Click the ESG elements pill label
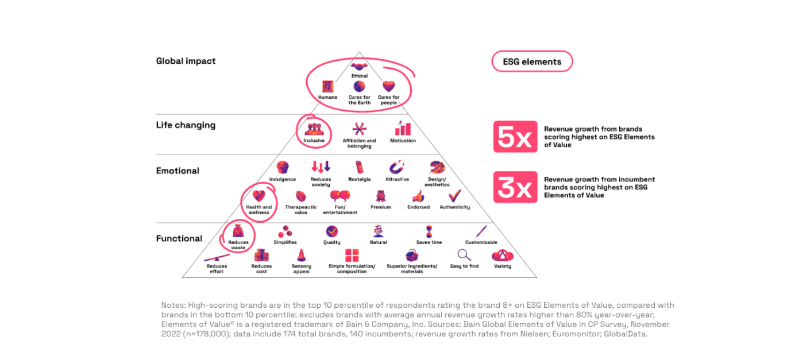click(x=532, y=61)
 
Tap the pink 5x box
click(x=515, y=137)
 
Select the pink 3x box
click(x=515, y=187)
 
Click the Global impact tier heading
click(x=186, y=61)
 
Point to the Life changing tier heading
click(x=186, y=125)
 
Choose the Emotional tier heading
click(x=178, y=171)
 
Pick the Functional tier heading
click(x=179, y=239)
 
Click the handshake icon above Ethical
click(x=359, y=67)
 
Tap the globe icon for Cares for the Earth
click(x=359, y=87)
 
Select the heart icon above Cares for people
click(x=388, y=86)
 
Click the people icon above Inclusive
click(x=314, y=129)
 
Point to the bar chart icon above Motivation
click(x=403, y=129)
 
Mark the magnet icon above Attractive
click(x=397, y=167)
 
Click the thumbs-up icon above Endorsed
click(x=418, y=196)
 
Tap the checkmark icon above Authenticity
click(x=454, y=195)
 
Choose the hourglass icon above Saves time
click(x=429, y=232)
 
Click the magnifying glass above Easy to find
click(x=464, y=255)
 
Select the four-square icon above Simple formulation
click(x=352, y=256)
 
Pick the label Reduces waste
click(x=238, y=245)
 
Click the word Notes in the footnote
click(x=173, y=305)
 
